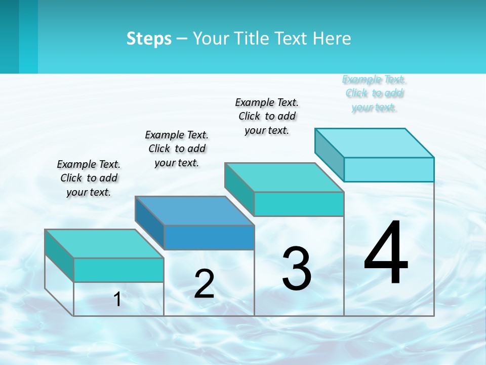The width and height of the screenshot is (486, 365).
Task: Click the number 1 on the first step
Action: [x=117, y=299]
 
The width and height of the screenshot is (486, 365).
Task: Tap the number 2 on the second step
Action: [x=204, y=284]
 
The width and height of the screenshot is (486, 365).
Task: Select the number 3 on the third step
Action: [x=297, y=269]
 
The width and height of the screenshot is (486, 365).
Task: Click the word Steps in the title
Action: [x=149, y=39]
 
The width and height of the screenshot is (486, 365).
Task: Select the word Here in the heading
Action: [x=333, y=39]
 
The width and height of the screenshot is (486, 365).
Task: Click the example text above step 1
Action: [x=89, y=178]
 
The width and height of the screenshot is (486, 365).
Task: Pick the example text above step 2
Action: [x=177, y=149]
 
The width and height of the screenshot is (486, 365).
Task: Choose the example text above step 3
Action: [x=267, y=116]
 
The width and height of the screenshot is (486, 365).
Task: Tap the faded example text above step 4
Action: [x=374, y=93]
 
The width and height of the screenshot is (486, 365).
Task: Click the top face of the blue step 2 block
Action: [x=195, y=210]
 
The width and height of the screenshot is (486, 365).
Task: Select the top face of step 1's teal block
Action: [x=104, y=243]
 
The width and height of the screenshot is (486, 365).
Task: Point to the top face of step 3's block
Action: [x=285, y=177]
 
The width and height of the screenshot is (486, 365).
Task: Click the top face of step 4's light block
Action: [x=375, y=142]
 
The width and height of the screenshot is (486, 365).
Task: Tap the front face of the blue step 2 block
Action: [x=209, y=237]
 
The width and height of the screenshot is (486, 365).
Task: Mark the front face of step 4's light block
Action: [x=389, y=169]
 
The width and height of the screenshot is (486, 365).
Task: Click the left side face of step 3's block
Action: [x=239, y=189]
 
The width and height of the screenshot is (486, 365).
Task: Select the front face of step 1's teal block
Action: [x=118, y=270]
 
